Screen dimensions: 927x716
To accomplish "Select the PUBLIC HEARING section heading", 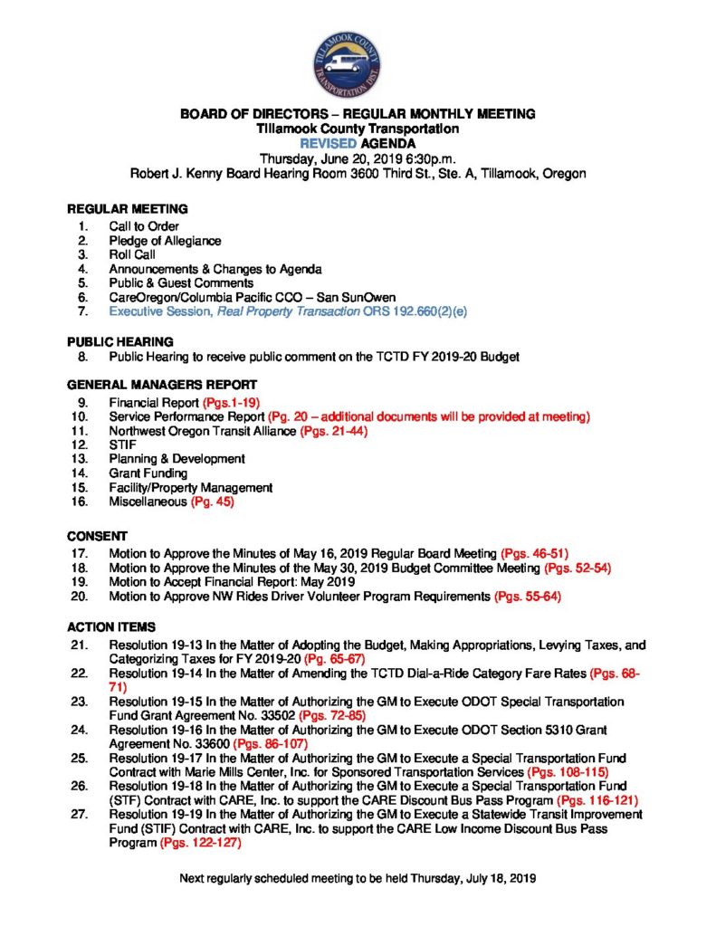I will pyautogui.click(x=120, y=342).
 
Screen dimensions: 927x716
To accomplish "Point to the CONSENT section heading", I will pyautogui.click(x=98, y=535).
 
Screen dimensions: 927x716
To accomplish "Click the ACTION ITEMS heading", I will pyautogui.click(x=112, y=626).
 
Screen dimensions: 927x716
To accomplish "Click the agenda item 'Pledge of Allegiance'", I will pyautogui.click(x=165, y=241).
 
